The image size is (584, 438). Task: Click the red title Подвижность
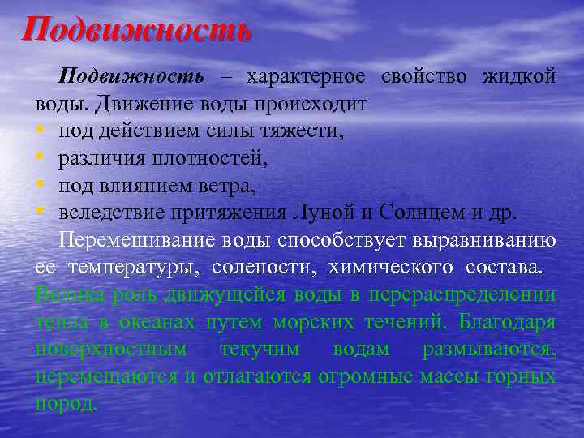(137, 30)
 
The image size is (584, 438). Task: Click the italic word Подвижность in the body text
(131, 77)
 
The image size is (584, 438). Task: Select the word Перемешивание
(124, 242)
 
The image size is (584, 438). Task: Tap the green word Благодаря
(505, 323)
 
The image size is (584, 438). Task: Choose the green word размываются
(489, 350)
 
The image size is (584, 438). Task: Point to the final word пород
(67, 405)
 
